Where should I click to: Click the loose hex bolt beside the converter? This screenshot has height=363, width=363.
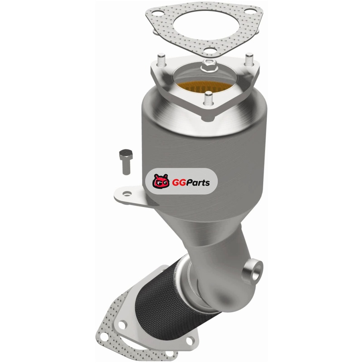pyautogui.click(x=126, y=162)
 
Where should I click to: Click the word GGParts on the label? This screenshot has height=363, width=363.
pyautogui.click(x=191, y=183)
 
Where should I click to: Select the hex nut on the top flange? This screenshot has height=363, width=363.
pyautogui.click(x=209, y=64)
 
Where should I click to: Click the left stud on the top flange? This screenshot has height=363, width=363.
pyautogui.click(x=161, y=60)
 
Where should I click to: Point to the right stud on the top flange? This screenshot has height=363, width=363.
pyautogui.click(x=249, y=59)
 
